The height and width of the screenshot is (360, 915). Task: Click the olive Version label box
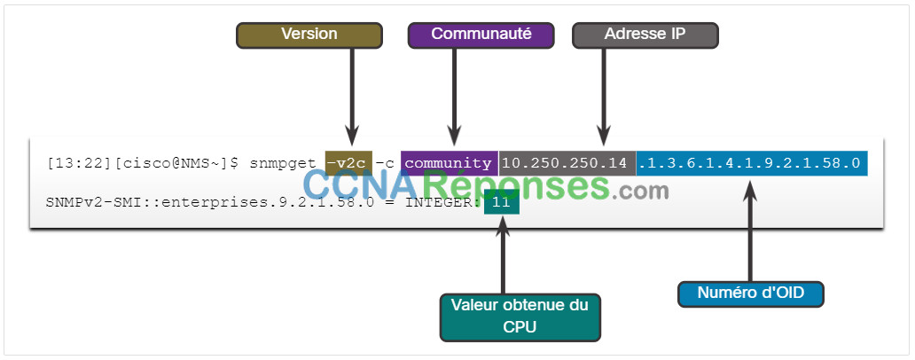(x=309, y=35)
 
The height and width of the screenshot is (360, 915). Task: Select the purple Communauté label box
(x=481, y=35)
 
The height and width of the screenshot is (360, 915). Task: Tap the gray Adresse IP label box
(x=645, y=35)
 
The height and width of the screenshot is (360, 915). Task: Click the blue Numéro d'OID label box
(x=750, y=294)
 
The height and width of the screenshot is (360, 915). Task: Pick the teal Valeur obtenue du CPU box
(x=520, y=317)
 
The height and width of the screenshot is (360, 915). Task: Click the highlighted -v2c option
(x=348, y=163)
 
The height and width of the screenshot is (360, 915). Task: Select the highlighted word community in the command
(x=449, y=163)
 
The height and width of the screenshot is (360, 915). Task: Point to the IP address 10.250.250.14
(x=567, y=163)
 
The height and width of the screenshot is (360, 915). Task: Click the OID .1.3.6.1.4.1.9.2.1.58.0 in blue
(x=752, y=163)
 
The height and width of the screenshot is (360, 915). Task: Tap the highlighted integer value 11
(x=501, y=203)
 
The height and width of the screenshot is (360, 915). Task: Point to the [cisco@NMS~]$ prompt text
(x=175, y=163)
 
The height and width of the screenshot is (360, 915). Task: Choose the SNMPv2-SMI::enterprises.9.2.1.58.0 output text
(x=209, y=203)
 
